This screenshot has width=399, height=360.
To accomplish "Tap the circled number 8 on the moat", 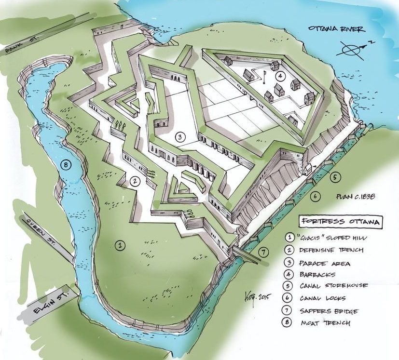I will click(x=66, y=165).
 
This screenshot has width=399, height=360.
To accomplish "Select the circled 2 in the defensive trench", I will click(x=135, y=181).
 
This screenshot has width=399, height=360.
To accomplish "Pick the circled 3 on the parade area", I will click(x=179, y=137).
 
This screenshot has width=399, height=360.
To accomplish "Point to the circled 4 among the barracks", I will click(x=278, y=76).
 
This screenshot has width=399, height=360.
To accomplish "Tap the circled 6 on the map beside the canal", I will click(x=315, y=196).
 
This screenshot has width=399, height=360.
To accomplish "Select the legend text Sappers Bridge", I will click(x=328, y=310).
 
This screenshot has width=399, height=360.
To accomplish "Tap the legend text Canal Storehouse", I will click(x=333, y=286).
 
